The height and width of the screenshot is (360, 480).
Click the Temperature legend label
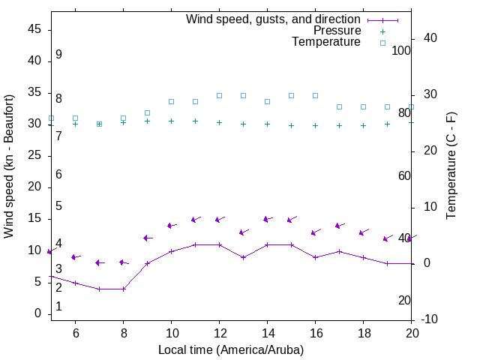pyautogui.click(x=326, y=42)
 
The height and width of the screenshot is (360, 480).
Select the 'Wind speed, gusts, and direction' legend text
pyautogui.click(x=274, y=19)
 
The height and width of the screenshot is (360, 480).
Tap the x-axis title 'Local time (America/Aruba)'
pyautogui.click(x=231, y=349)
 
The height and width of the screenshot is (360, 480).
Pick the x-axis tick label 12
pyautogui.click(x=219, y=332)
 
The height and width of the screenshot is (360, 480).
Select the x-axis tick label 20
pyautogui.click(x=412, y=332)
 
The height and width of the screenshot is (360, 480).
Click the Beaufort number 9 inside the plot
pyautogui.click(x=58, y=55)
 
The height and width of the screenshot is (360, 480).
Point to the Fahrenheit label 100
pyautogui.click(x=402, y=50)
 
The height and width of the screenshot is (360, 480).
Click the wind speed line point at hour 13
pyautogui.click(x=243, y=257)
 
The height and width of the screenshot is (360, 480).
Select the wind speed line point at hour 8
pyautogui.click(x=123, y=289)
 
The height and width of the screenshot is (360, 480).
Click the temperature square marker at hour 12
pyautogui.click(x=219, y=95)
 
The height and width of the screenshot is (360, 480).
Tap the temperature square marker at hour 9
pyautogui.click(x=147, y=112)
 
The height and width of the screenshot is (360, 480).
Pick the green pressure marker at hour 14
pyautogui.click(x=267, y=124)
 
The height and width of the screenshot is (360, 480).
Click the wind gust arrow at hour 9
pyautogui.click(x=148, y=238)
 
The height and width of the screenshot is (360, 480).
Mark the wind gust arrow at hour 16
pyautogui.click(x=316, y=232)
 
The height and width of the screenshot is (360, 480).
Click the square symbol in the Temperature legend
pyautogui.click(x=382, y=43)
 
